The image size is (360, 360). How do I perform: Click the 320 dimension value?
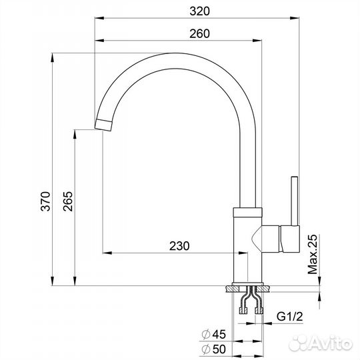pos(199,11)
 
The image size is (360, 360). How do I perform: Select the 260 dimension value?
pos(199,33)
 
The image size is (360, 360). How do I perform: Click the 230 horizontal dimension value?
pos(179,245)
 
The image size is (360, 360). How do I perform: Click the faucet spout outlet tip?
pos(103,125)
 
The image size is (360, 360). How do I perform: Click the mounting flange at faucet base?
pos(250,289)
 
